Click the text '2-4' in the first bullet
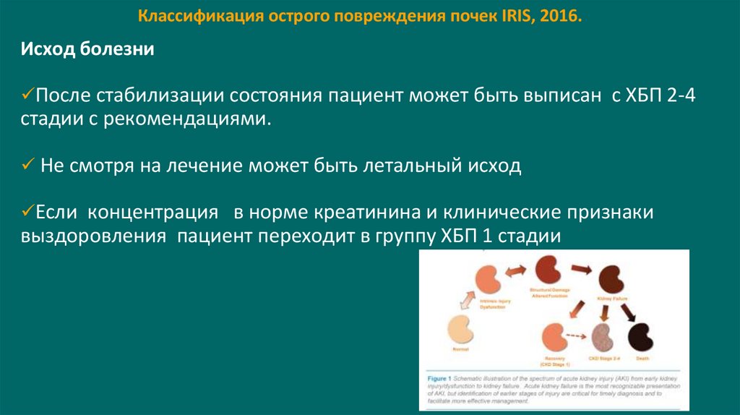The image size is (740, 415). (x=680, y=96)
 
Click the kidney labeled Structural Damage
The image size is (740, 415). (x=550, y=270)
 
